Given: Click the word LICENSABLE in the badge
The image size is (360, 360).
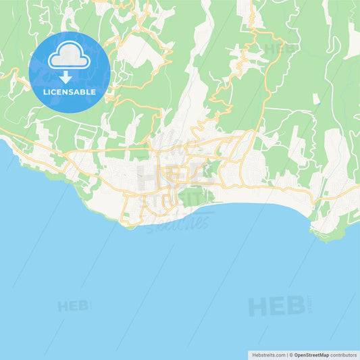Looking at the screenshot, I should tap(70, 91).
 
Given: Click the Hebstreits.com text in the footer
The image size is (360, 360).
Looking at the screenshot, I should tap(270, 355).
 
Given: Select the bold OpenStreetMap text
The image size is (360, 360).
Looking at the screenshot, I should tap(310, 355).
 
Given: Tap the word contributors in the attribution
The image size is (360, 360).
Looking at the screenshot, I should tap(341, 355).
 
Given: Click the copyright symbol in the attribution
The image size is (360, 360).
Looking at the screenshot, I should tap(291, 355).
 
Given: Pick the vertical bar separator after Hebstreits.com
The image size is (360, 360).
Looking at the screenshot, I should tap(287, 355).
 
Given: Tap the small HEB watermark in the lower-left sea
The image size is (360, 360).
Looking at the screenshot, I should tap(72, 306).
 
